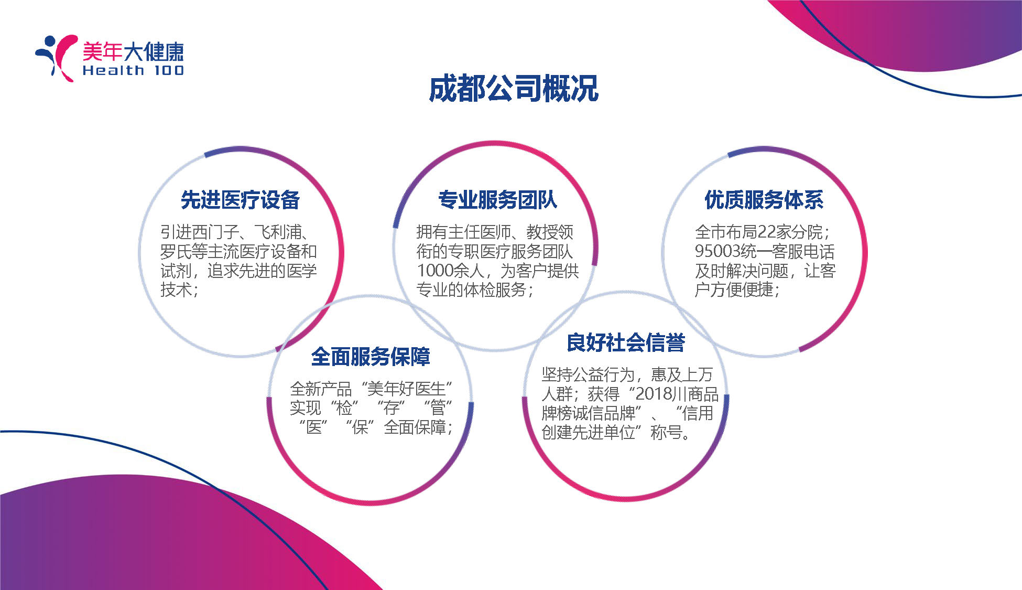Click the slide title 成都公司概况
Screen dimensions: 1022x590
(x=514, y=88)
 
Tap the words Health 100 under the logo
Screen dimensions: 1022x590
(x=133, y=70)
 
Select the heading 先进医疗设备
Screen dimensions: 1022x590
(x=240, y=200)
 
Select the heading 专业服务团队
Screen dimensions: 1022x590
(x=497, y=200)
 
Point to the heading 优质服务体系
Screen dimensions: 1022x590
(x=764, y=200)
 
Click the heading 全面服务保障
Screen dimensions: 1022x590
(x=371, y=357)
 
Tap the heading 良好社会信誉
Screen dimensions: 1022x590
(x=626, y=342)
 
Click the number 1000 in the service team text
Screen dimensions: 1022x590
(x=434, y=271)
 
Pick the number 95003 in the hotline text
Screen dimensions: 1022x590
(x=717, y=251)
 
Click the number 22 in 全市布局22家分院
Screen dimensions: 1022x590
(x=767, y=232)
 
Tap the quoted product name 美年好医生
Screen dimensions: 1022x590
(x=407, y=389)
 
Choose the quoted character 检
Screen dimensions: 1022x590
(x=344, y=408)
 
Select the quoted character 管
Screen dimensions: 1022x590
(x=438, y=408)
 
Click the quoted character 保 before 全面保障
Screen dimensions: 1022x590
(x=360, y=427)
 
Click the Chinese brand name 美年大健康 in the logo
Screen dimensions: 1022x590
(x=133, y=51)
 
